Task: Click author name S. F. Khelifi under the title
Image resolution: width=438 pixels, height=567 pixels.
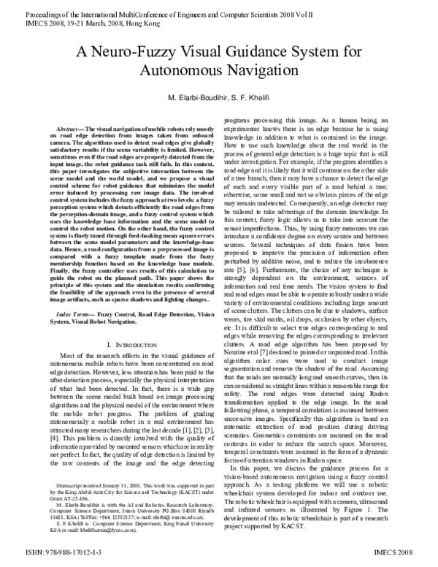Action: (x=261, y=98)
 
